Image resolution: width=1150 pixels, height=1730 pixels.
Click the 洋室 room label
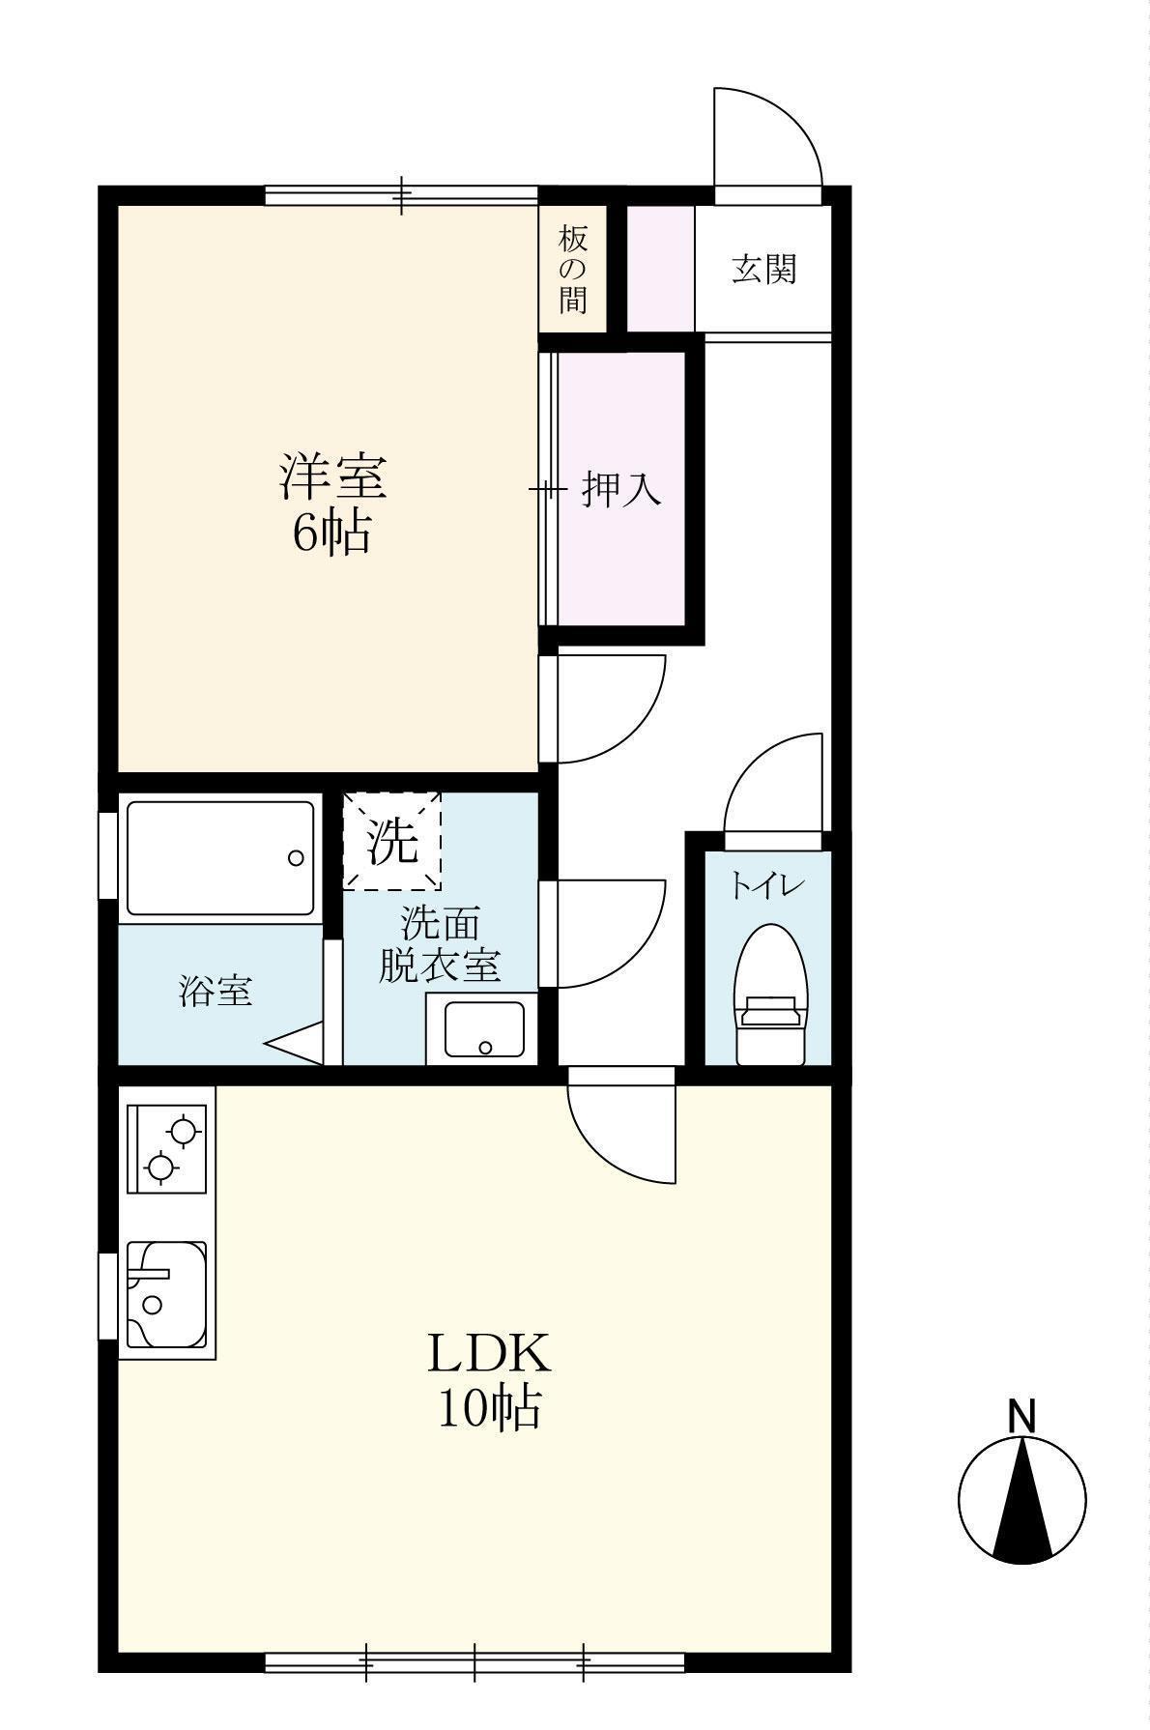(x=333, y=476)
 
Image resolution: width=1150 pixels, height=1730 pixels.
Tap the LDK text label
(x=489, y=1353)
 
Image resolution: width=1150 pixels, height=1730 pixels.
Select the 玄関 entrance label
(x=763, y=268)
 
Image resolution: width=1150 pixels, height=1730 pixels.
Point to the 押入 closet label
(x=621, y=490)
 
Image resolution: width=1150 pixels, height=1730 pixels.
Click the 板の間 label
(x=572, y=269)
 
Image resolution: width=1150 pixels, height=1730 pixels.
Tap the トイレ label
(x=767, y=884)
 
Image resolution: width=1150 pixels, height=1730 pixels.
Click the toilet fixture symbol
(x=770, y=994)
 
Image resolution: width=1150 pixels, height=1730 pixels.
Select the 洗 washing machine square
(x=392, y=841)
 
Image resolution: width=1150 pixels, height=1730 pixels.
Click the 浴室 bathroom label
(x=216, y=991)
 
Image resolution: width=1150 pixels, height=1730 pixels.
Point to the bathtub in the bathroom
(x=220, y=856)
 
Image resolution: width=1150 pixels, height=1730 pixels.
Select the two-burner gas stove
(x=167, y=1149)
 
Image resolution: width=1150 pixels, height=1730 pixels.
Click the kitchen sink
(x=166, y=1294)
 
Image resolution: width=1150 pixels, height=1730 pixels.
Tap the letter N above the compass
(x=1021, y=1416)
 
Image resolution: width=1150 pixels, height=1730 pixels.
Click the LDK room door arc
(x=618, y=1131)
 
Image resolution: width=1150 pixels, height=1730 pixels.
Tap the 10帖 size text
(x=489, y=1408)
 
